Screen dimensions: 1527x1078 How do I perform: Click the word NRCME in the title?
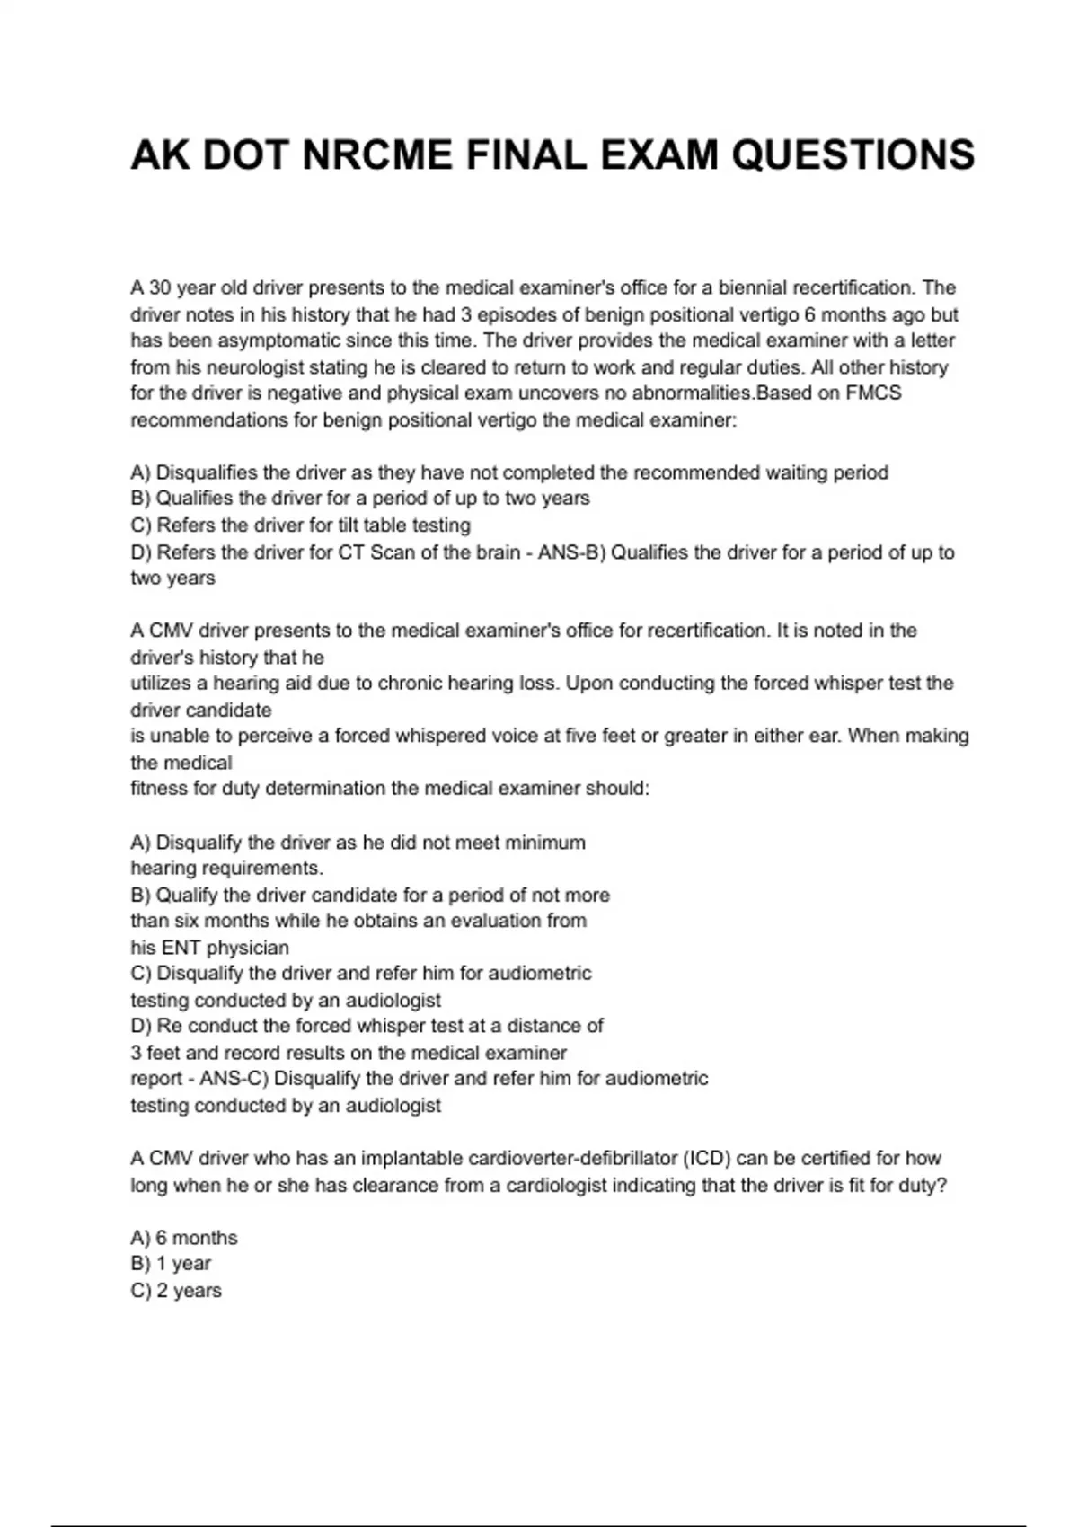pos(377,154)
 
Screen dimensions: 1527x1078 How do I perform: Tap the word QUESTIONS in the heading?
pos(853,154)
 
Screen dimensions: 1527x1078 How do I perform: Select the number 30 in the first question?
pos(160,288)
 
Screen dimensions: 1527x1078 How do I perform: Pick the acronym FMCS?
pos(873,393)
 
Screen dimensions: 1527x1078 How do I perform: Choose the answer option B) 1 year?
pos(171,1264)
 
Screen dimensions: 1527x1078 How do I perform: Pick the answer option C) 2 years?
pos(176,1291)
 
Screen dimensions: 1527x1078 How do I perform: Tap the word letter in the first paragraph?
pos(933,340)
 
